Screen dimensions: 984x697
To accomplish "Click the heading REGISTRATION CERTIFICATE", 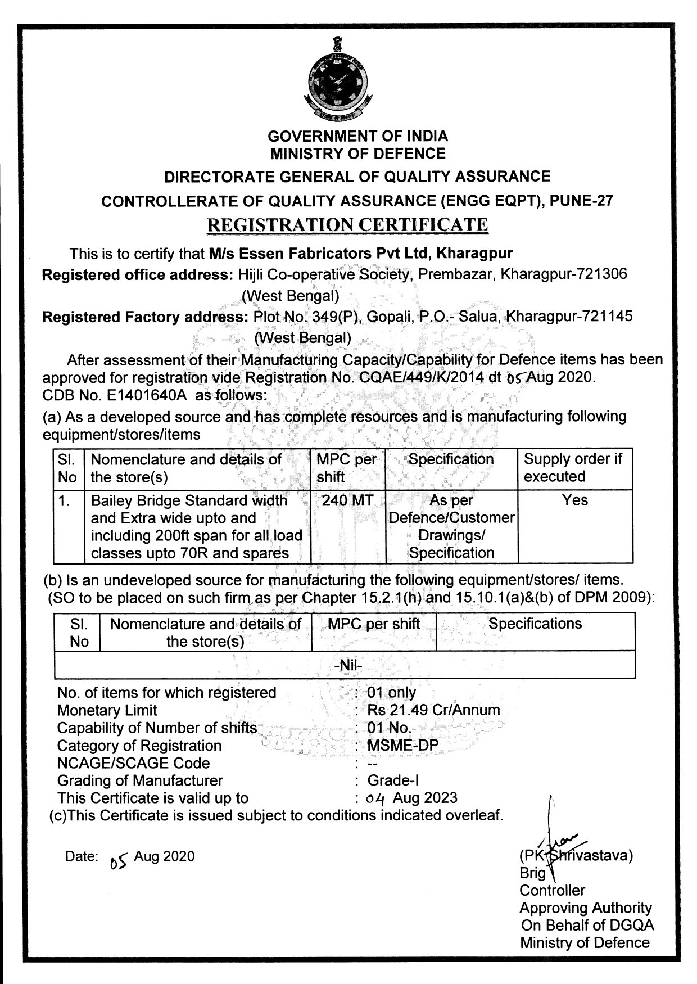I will click(347, 225).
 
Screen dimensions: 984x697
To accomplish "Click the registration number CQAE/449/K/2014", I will click(420, 377).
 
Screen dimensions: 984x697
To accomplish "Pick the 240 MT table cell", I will click(347, 500).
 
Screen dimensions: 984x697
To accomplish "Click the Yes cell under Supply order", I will click(574, 500).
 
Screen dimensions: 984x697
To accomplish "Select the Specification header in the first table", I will click(451, 459).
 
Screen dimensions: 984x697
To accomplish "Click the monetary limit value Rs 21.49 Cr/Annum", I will click(433, 710).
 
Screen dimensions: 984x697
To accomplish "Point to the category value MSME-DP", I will click(402, 746).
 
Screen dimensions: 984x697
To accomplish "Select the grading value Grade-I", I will click(393, 780).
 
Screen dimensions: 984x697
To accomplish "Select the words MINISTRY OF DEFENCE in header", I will click(357, 154).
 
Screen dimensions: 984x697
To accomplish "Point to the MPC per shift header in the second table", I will click(374, 624).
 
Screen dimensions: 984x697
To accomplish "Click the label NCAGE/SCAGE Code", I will click(133, 763).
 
